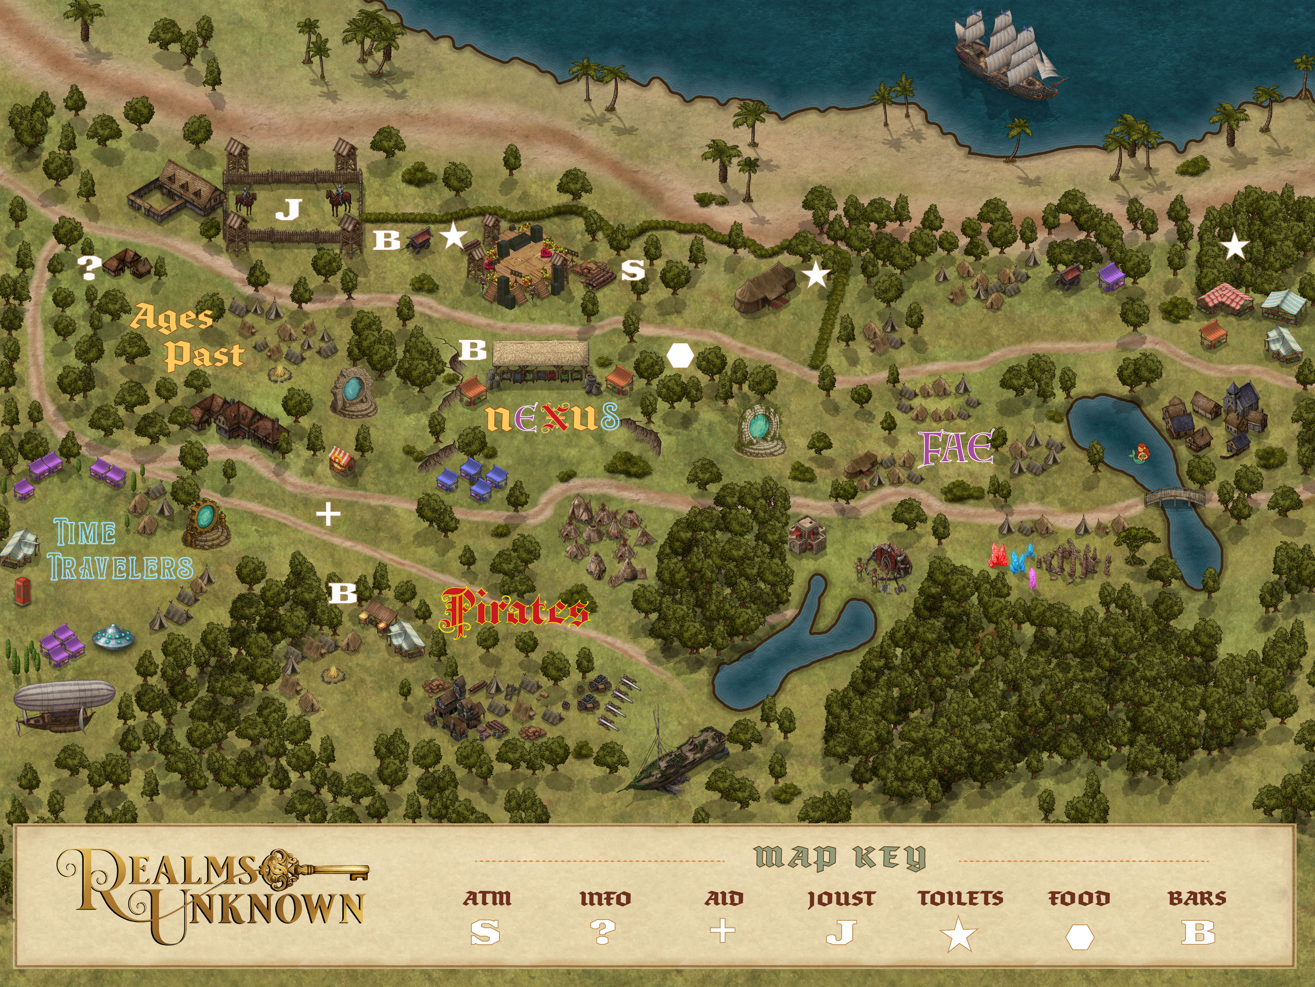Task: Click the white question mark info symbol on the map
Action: click(x=89, y=268)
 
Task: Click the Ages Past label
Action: click(x=187, y=336)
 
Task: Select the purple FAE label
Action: click(x=957, y=449)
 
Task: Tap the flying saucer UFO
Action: click(x=114, y=636)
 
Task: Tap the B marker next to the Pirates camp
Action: click(x=343, y=593)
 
